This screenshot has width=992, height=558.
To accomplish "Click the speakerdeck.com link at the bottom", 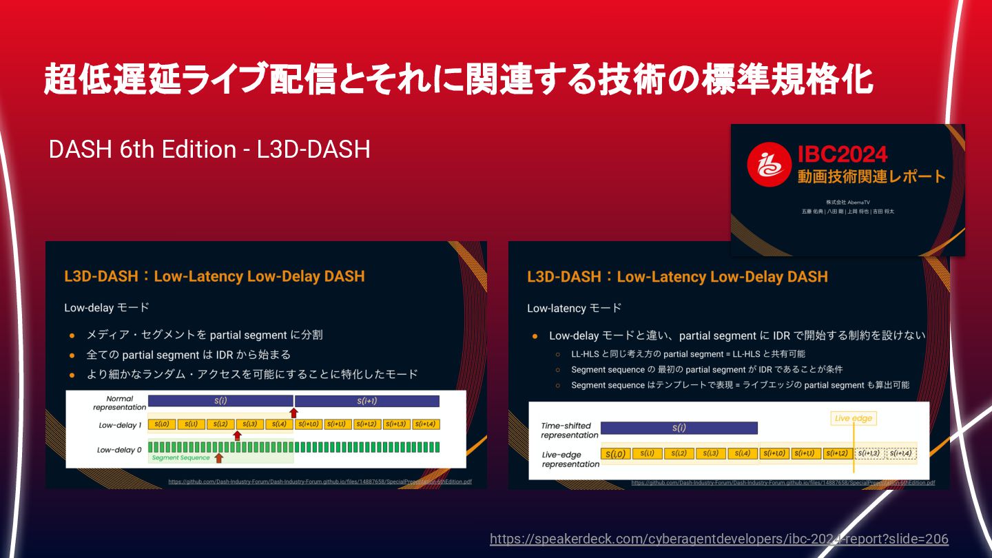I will click(x=719, y=539).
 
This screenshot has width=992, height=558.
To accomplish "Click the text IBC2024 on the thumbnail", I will click(x=843, y=154).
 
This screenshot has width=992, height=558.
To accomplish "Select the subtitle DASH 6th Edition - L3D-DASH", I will click(x=209, y=149).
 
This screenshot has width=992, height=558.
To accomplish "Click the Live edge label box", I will click(x=854, y=418).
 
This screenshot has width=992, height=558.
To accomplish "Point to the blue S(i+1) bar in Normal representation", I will click(x=367, y=401).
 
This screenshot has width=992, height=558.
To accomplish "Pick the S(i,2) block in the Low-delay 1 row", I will click(x=220, y=424).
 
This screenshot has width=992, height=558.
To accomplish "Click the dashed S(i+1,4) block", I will click(x=899, y=453).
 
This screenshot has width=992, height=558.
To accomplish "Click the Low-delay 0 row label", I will click(x=119, y=450).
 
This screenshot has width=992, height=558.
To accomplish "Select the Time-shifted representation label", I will click(x=569, y=430).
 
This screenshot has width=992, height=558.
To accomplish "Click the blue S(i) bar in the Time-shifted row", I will click(x=679, y=428).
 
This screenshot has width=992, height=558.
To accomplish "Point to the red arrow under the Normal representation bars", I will click(x=293, y=413).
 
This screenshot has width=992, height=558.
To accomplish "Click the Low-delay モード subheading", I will click(x=107, y=307).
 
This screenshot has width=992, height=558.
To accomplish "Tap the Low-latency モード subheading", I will click(x=574, y=308).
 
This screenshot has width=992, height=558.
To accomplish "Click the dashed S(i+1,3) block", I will click(x=869, y=453).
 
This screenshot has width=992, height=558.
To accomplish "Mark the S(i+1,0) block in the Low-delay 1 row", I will click(x=309, y=424).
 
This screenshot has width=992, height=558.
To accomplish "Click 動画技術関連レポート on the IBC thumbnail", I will click(x=871, y=176).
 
